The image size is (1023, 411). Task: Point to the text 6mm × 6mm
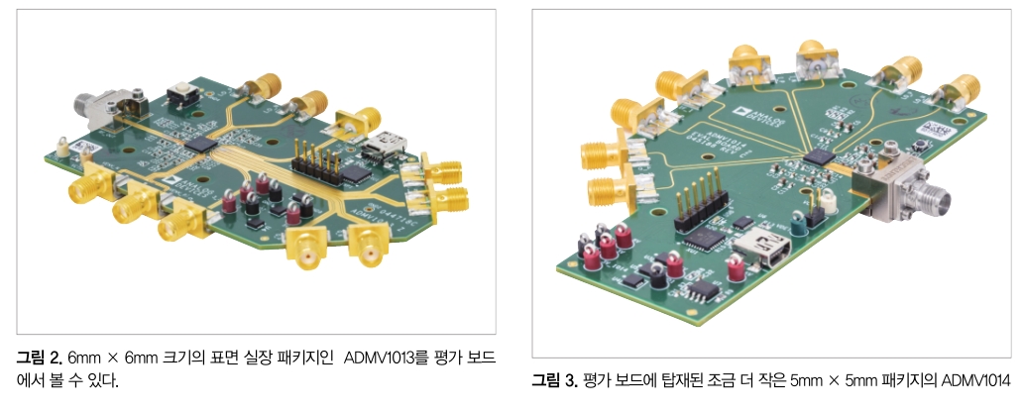(110, 356)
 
